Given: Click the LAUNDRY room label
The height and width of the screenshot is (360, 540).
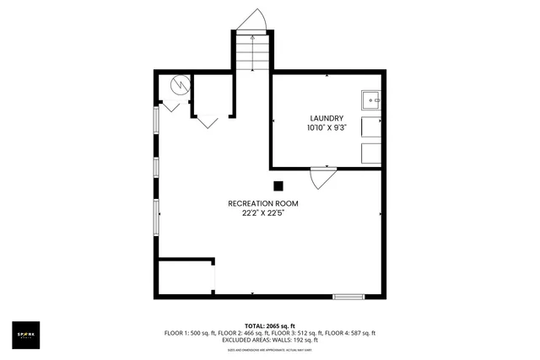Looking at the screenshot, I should point(327,118).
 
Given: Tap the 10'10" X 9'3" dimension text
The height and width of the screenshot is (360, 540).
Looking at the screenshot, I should point(327,128).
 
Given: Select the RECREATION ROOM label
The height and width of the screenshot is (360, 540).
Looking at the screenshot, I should point(262,203).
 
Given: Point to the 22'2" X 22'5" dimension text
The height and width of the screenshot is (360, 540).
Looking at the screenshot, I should point(262,213).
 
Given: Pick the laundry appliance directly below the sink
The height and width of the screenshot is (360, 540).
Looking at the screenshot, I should point(372,127).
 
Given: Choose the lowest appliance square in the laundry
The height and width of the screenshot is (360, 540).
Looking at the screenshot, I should point(372,153).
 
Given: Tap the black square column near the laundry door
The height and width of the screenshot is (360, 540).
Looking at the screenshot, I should point(278,186).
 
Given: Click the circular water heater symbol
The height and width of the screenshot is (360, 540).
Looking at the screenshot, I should point(180,85).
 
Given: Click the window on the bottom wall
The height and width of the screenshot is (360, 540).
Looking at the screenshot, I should point(348,296).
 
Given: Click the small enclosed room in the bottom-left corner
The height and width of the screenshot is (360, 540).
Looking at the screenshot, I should point(186,277).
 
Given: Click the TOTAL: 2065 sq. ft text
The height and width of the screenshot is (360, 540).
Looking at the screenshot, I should point(269,325).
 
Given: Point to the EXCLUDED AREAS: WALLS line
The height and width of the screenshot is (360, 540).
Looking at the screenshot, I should point(269,341).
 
